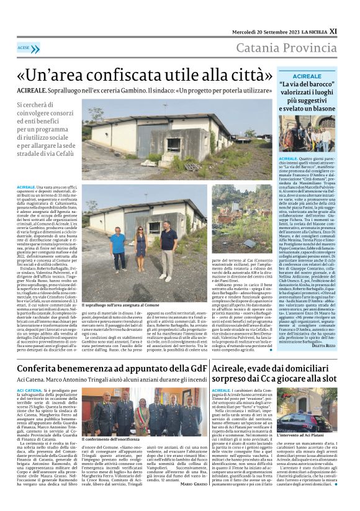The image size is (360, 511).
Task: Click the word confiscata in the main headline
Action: [130, 73]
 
